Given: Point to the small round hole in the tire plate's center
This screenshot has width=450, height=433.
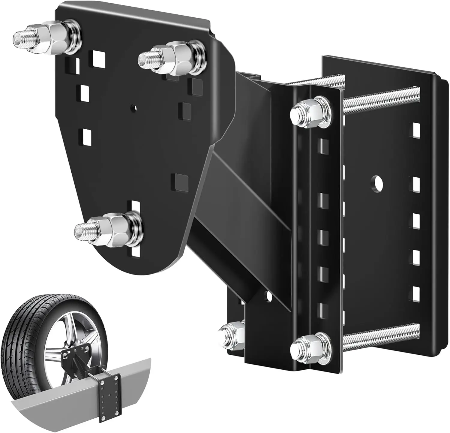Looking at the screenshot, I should [x=133, y=107].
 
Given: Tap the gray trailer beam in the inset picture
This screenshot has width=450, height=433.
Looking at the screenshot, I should [x=60, y=405].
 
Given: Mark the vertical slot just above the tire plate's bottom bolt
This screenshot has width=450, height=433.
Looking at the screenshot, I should [x=135, y=207].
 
